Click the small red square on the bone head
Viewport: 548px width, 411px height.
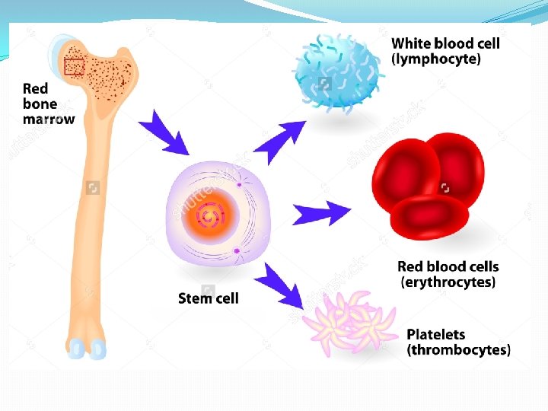[x=74, y=67]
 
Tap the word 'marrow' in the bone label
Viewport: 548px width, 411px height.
[x=49, y=119]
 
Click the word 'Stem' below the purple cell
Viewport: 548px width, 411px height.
[x=193, y=298]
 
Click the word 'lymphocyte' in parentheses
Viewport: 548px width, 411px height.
[x=436, y=59]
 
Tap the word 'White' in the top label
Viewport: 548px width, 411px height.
[x=410, y=43]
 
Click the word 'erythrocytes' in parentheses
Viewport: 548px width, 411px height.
[x=448, y=282]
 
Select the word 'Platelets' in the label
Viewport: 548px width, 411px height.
[x=436, y=334]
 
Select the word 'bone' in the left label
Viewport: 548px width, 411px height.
[x=40, y=104]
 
